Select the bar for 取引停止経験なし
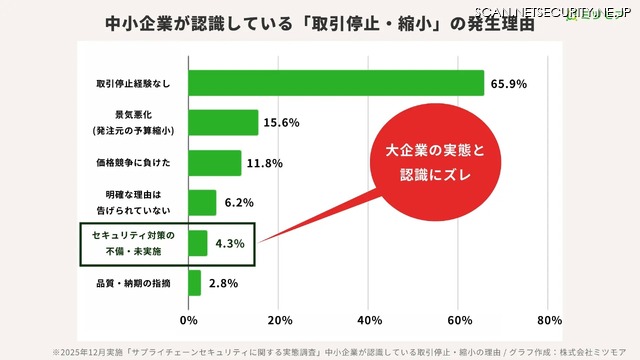336,83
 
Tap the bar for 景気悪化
223,123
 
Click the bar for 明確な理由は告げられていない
202,203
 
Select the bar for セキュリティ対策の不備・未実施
198,243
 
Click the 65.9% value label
508,83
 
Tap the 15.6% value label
282,123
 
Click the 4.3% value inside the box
230,243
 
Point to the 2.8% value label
223,283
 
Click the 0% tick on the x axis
188,320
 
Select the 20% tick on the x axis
279,320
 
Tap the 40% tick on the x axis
370,320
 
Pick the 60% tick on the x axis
460,320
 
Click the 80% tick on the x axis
550,320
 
